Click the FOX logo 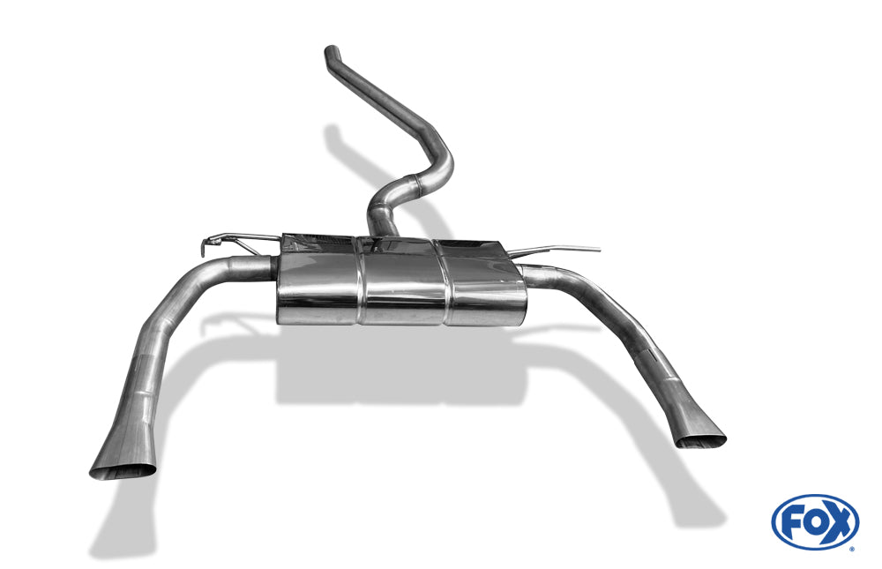[x=815, y=522]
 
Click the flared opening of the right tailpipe [x=699, y=441]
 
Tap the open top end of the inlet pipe [x=332, y=49]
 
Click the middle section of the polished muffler [x=403, y=281]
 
